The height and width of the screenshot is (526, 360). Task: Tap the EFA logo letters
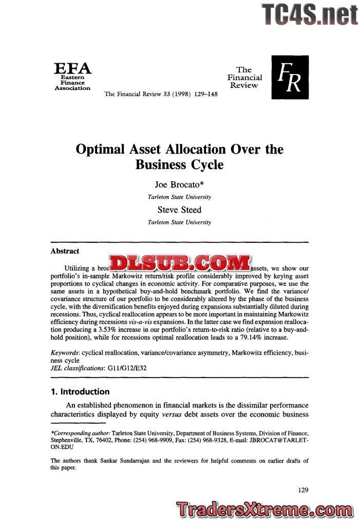(73, 68)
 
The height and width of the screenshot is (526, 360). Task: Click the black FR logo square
(290, 77)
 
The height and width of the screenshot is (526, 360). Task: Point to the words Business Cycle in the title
(179, 165)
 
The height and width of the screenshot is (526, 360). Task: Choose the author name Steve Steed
(179, 210)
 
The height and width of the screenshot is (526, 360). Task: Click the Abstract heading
(65, 251)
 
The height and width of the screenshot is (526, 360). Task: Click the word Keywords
(65, 353)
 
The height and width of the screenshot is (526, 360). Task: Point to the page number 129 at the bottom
(303, 490)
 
